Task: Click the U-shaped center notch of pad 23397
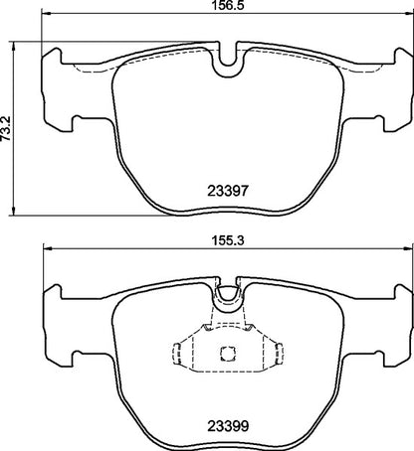229,61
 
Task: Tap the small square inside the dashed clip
226,351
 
